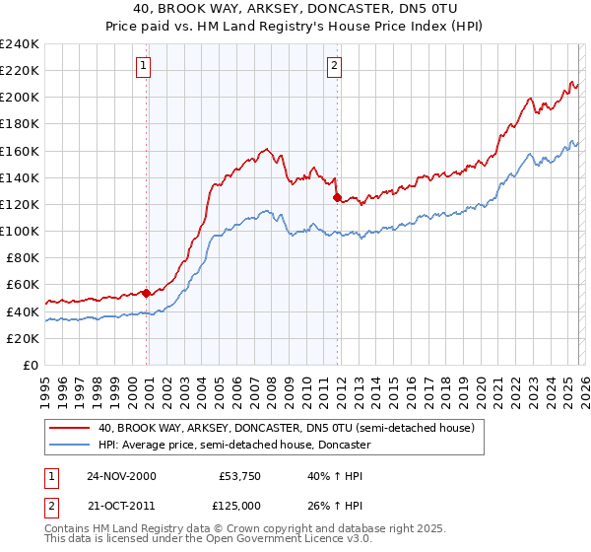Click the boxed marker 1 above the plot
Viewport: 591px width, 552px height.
(143, 66)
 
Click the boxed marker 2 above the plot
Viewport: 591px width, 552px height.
(334, 66)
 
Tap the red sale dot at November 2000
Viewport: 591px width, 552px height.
(147, 293)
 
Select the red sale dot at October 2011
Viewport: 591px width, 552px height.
(337, 197)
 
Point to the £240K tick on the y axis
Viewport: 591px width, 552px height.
(20, 44)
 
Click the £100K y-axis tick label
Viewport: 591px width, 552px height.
(20, 231)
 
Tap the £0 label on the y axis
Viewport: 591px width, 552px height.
(30, 365)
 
